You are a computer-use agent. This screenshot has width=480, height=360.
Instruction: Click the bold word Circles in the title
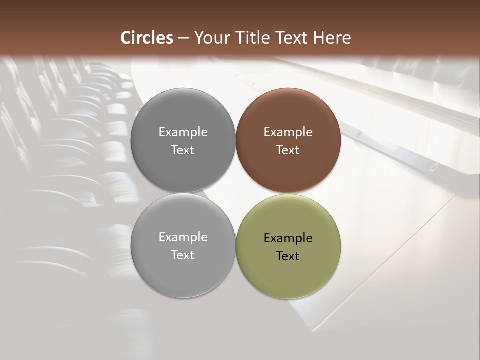pyautogui.click(x=147, y=38)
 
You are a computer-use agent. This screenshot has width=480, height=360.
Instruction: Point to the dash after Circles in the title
pyautogui.click(x=183, y=38)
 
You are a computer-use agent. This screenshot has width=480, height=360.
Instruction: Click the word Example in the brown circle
pyautogui.click(x=288, y=132)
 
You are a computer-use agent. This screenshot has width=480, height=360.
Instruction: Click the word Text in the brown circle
pyautogui.click(x=288, y=150)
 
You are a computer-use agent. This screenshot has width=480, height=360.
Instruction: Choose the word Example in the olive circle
pyautogui.click(x=288, y=238)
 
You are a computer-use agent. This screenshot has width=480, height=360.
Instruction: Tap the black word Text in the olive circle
pyautogui.click(x=288, y=256)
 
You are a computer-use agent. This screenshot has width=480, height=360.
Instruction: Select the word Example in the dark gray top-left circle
pyautogui.click(x=183, y=132)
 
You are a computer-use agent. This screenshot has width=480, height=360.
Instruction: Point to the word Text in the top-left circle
pyautogui.click(x=183, y=150)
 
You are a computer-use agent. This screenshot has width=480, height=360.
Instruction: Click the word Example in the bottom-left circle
pyautogui.click(x=183, y=237)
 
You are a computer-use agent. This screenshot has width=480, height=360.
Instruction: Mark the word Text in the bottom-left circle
pyautogui.click(x=183, y=255)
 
